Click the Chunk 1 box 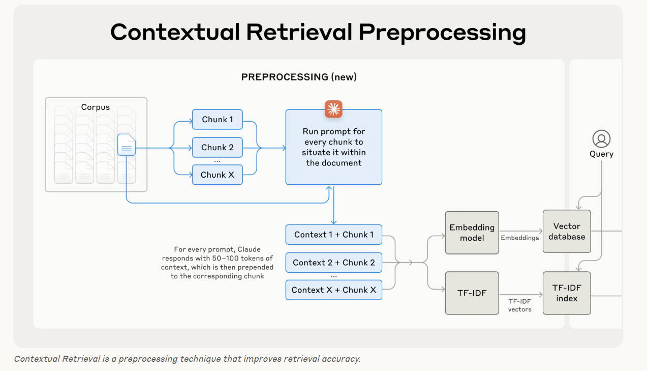pyautogui.click(x=218, y=120)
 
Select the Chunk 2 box pyautogui.click(x=218, y=148)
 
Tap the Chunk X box pyautogui.click(x=218, y=175)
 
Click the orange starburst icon pyautogui.click(x=333, y=109)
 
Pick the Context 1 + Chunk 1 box pyautogui.click(x=333, y=235)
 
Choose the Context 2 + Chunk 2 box pyautogui.click(x=333, y=263)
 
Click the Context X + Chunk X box pyautogui.click(x=333, y=290)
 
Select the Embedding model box pyautogui.click(x=472, y=233)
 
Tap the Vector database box pyautogui.click(x=567, y=231)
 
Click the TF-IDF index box pyautogui.click(x=567, y=293)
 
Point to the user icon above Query pyautogui.click(x=601, y=138)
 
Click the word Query pyautogui.click(x=601, y=154)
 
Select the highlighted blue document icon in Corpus pyautogui.click(x=127, y=145)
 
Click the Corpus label pyautogui.click(x=96, y=107)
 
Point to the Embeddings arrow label pyautogui.click(x=519, y=238)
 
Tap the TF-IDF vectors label pyautogui.click(x=519, y=305)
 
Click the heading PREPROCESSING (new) pyautogui.click(x=299, y=77)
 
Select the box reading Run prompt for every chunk pyautogui.click(x=333, y=147)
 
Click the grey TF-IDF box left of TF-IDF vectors pyautogui.click(x=472, y=293)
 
